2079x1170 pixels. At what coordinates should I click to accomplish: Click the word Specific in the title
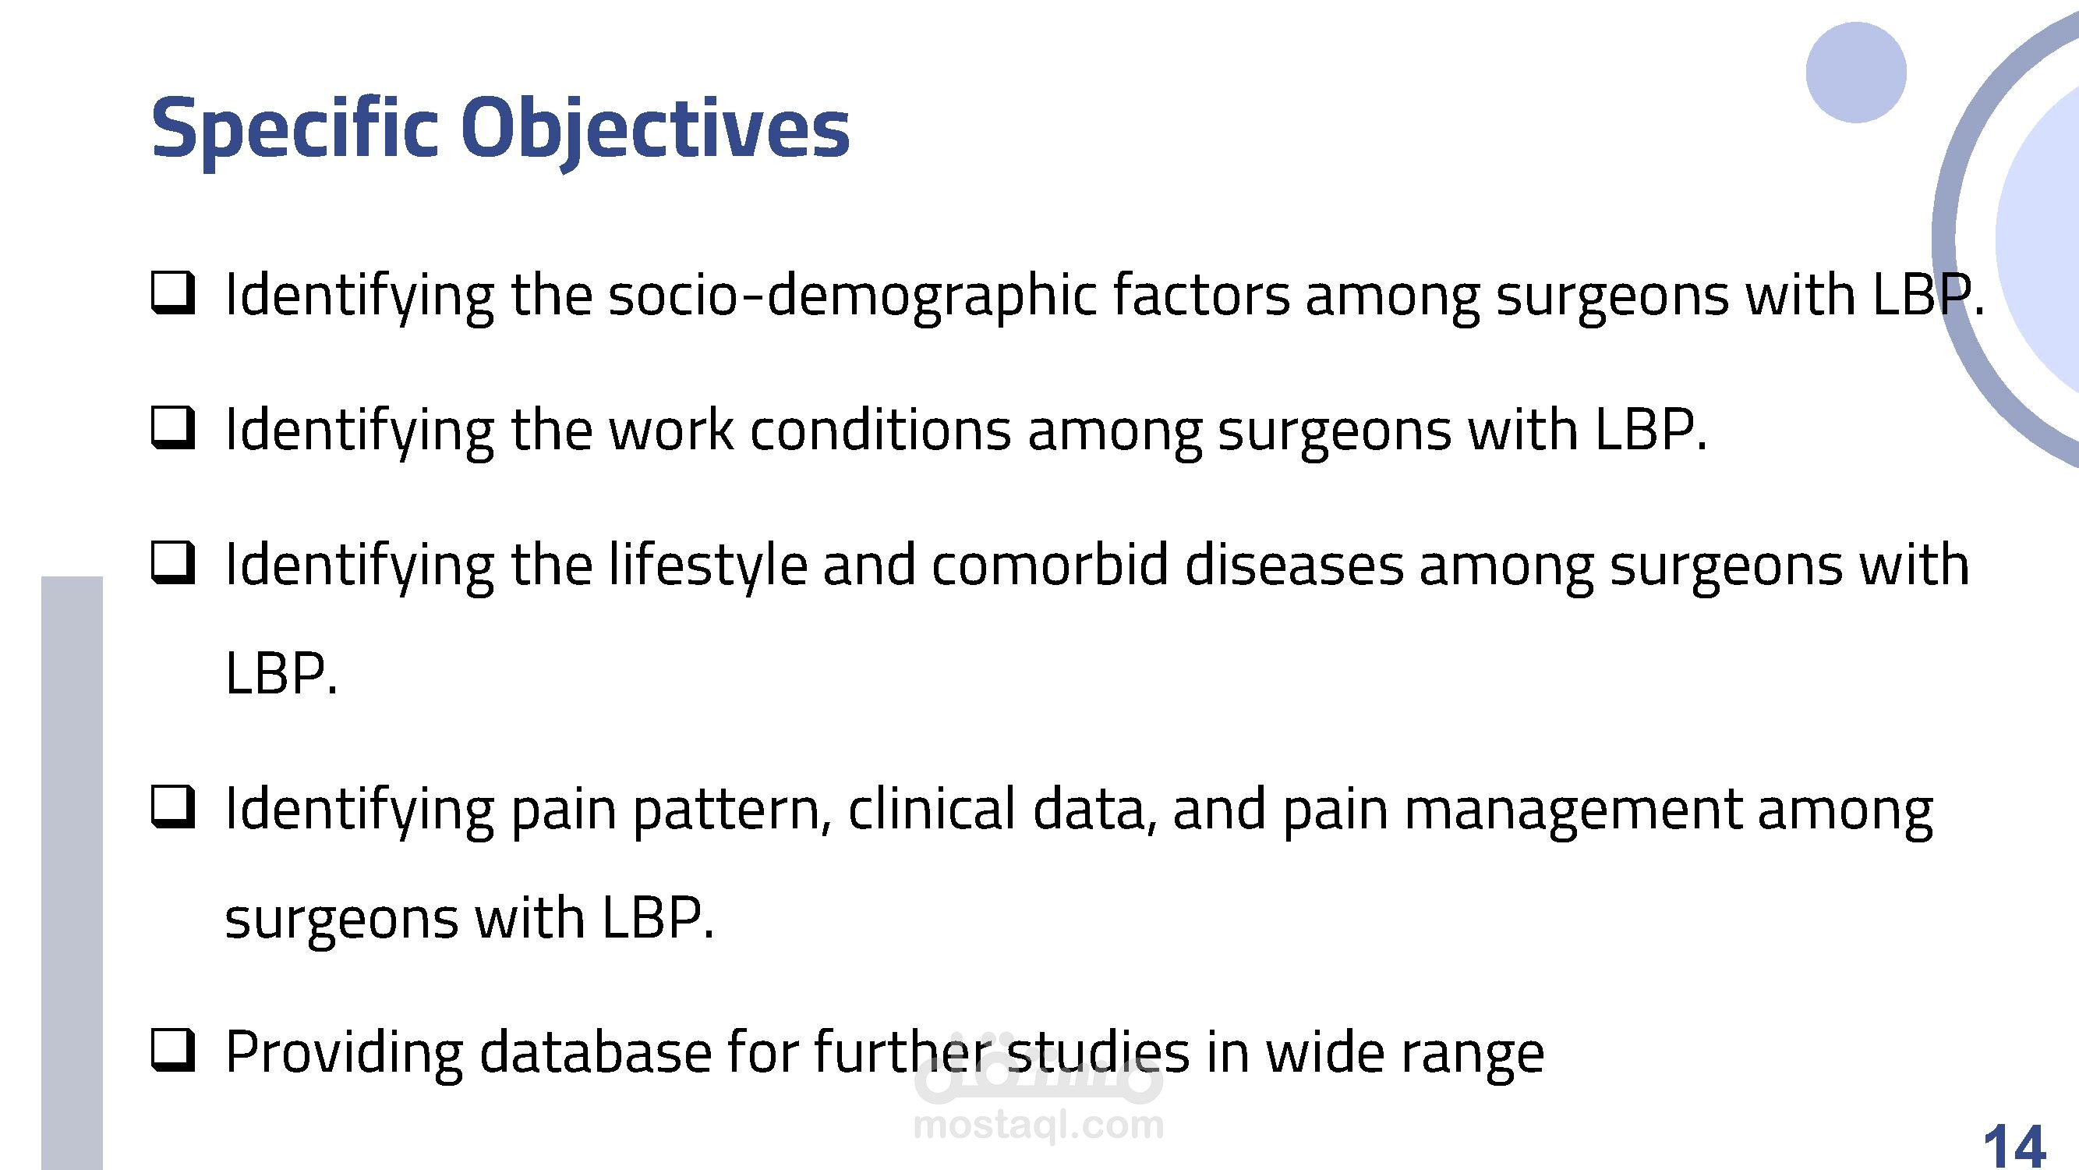(x=295, y=129)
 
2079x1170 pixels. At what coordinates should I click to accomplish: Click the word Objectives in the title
(x=656, y=129)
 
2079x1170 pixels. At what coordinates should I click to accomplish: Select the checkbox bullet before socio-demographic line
(x=173, y=294)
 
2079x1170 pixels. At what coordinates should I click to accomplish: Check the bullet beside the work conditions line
(x=173, y=429)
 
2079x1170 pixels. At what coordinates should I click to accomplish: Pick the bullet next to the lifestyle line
(x=173, y=564)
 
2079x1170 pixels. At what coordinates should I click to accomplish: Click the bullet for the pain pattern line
(x=173, y=808)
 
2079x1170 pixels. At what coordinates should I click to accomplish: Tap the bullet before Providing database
(x=173, y=1051)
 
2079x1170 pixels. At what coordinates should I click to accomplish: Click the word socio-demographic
(x=852, y=296)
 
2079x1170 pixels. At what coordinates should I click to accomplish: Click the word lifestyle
(x=707, y=567)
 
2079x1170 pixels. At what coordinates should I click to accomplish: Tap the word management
(x=1572, y=810)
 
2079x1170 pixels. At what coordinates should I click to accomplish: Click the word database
(x=596, y=1051)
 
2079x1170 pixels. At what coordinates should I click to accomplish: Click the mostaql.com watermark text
(x=1038, y=1125)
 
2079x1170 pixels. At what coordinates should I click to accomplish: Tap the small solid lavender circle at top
(x=1856, y=73)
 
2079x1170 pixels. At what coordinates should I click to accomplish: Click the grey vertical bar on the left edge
(x=72, y=873)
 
